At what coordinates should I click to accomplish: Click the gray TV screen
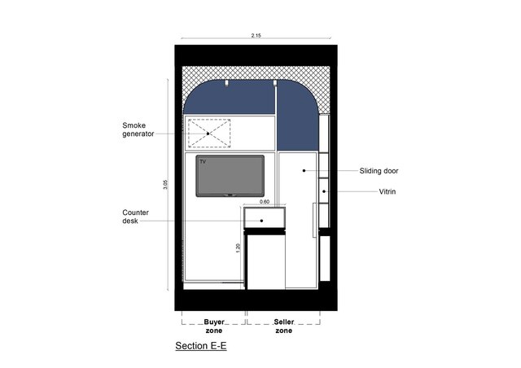coord(230,176)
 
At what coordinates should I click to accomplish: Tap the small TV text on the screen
coord(203,161)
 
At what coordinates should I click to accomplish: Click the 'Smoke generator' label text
coord(138,129)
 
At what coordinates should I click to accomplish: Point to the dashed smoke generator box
coord(209,133)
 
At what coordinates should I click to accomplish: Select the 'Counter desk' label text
coord(135,217)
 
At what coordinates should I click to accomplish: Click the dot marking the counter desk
coord(262,221)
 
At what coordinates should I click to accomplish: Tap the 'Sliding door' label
coord(379,171)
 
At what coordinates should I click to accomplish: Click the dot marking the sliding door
coord(304,170)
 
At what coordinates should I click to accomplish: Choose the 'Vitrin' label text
coord(387,192)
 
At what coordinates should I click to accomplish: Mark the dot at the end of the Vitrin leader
coord(324,191)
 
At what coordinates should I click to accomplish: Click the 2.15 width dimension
coord(256,35)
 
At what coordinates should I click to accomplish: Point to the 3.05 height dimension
coord(165,185)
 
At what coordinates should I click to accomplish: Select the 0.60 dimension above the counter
coord(265,202)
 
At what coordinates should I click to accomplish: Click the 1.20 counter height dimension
coord(238,248)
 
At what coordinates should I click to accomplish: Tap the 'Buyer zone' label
coord(214,326)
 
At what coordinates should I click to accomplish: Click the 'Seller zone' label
coord(284,326)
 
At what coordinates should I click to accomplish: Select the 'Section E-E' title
coord(201,346)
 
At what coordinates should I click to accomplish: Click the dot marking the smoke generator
coord(208,134)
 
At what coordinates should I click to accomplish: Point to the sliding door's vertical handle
coord(314,220)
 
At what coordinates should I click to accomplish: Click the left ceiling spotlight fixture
coord(227,83)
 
